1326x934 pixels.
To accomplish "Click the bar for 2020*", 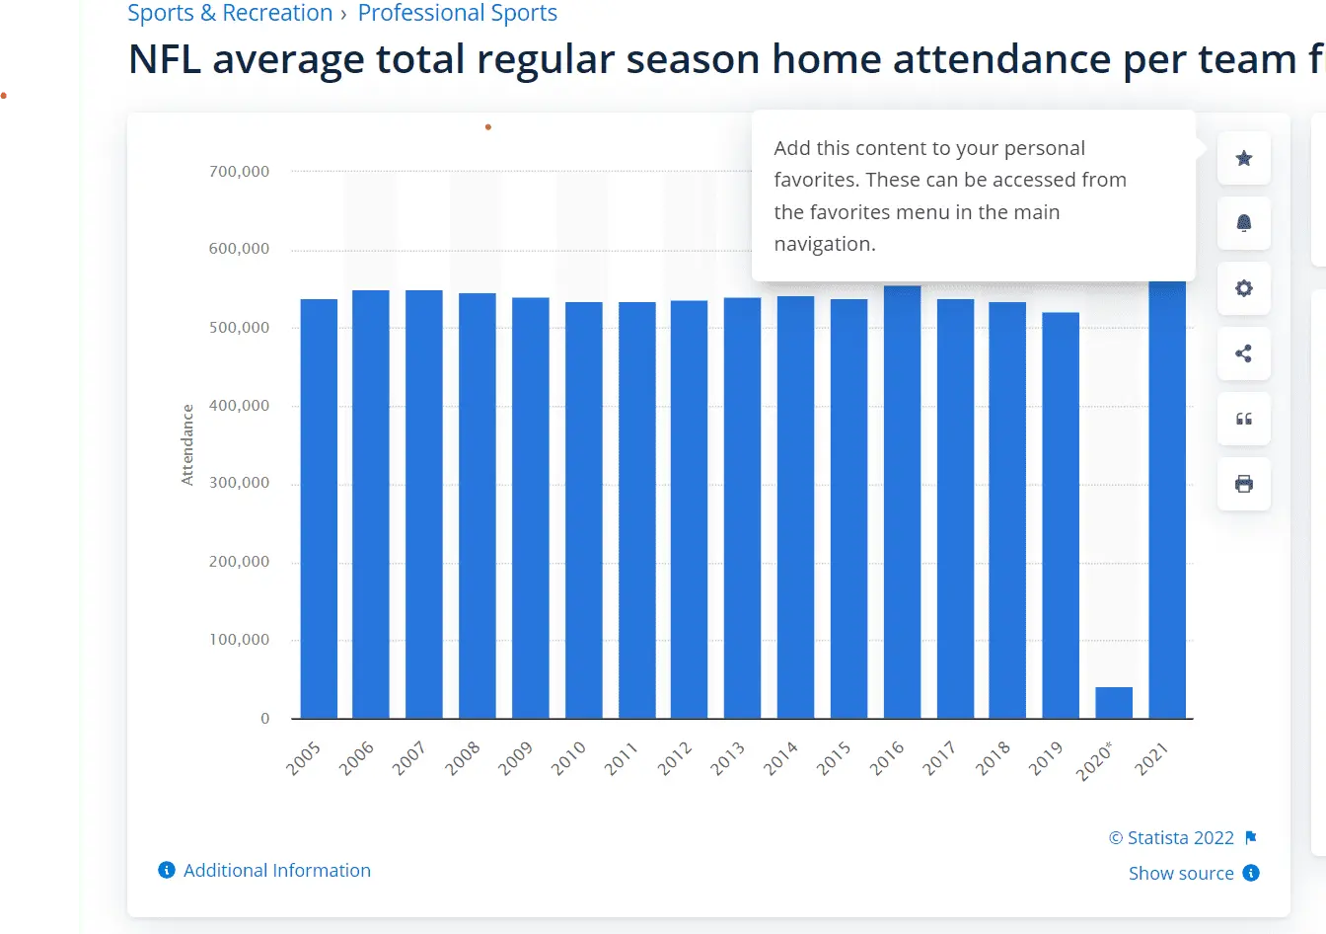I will [x=1114, y=703].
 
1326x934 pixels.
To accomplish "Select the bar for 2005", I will [x=319, y=508].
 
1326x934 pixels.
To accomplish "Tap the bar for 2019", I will [x=1061, y=515].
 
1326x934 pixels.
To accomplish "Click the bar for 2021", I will [x=1167, y=500].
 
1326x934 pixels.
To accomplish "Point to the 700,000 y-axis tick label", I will [x=239, y=172].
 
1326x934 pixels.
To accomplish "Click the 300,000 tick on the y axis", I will [x=239, y=483].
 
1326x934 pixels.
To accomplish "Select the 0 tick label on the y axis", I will [x=264, y=719].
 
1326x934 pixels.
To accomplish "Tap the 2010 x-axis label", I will [x=569, y=758].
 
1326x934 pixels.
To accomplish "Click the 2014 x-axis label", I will [x=781, y=758].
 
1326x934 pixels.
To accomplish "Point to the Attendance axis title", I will [x=187, y=444].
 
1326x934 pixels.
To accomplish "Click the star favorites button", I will [x=1244, y=158].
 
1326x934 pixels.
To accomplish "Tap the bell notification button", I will [x=1244, y=223].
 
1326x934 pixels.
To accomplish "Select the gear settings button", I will [x=1244, y=288].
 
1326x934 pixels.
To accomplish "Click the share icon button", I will [x=1244, y=353].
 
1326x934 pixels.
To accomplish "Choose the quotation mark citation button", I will [x=1244, y=419].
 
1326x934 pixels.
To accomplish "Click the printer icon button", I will [x=1244, y=484].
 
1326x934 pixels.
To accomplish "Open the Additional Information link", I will [x=276, y=870].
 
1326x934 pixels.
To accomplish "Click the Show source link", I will [x=1181, y=873].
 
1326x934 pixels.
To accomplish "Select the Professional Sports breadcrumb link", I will [x=457, y=13].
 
